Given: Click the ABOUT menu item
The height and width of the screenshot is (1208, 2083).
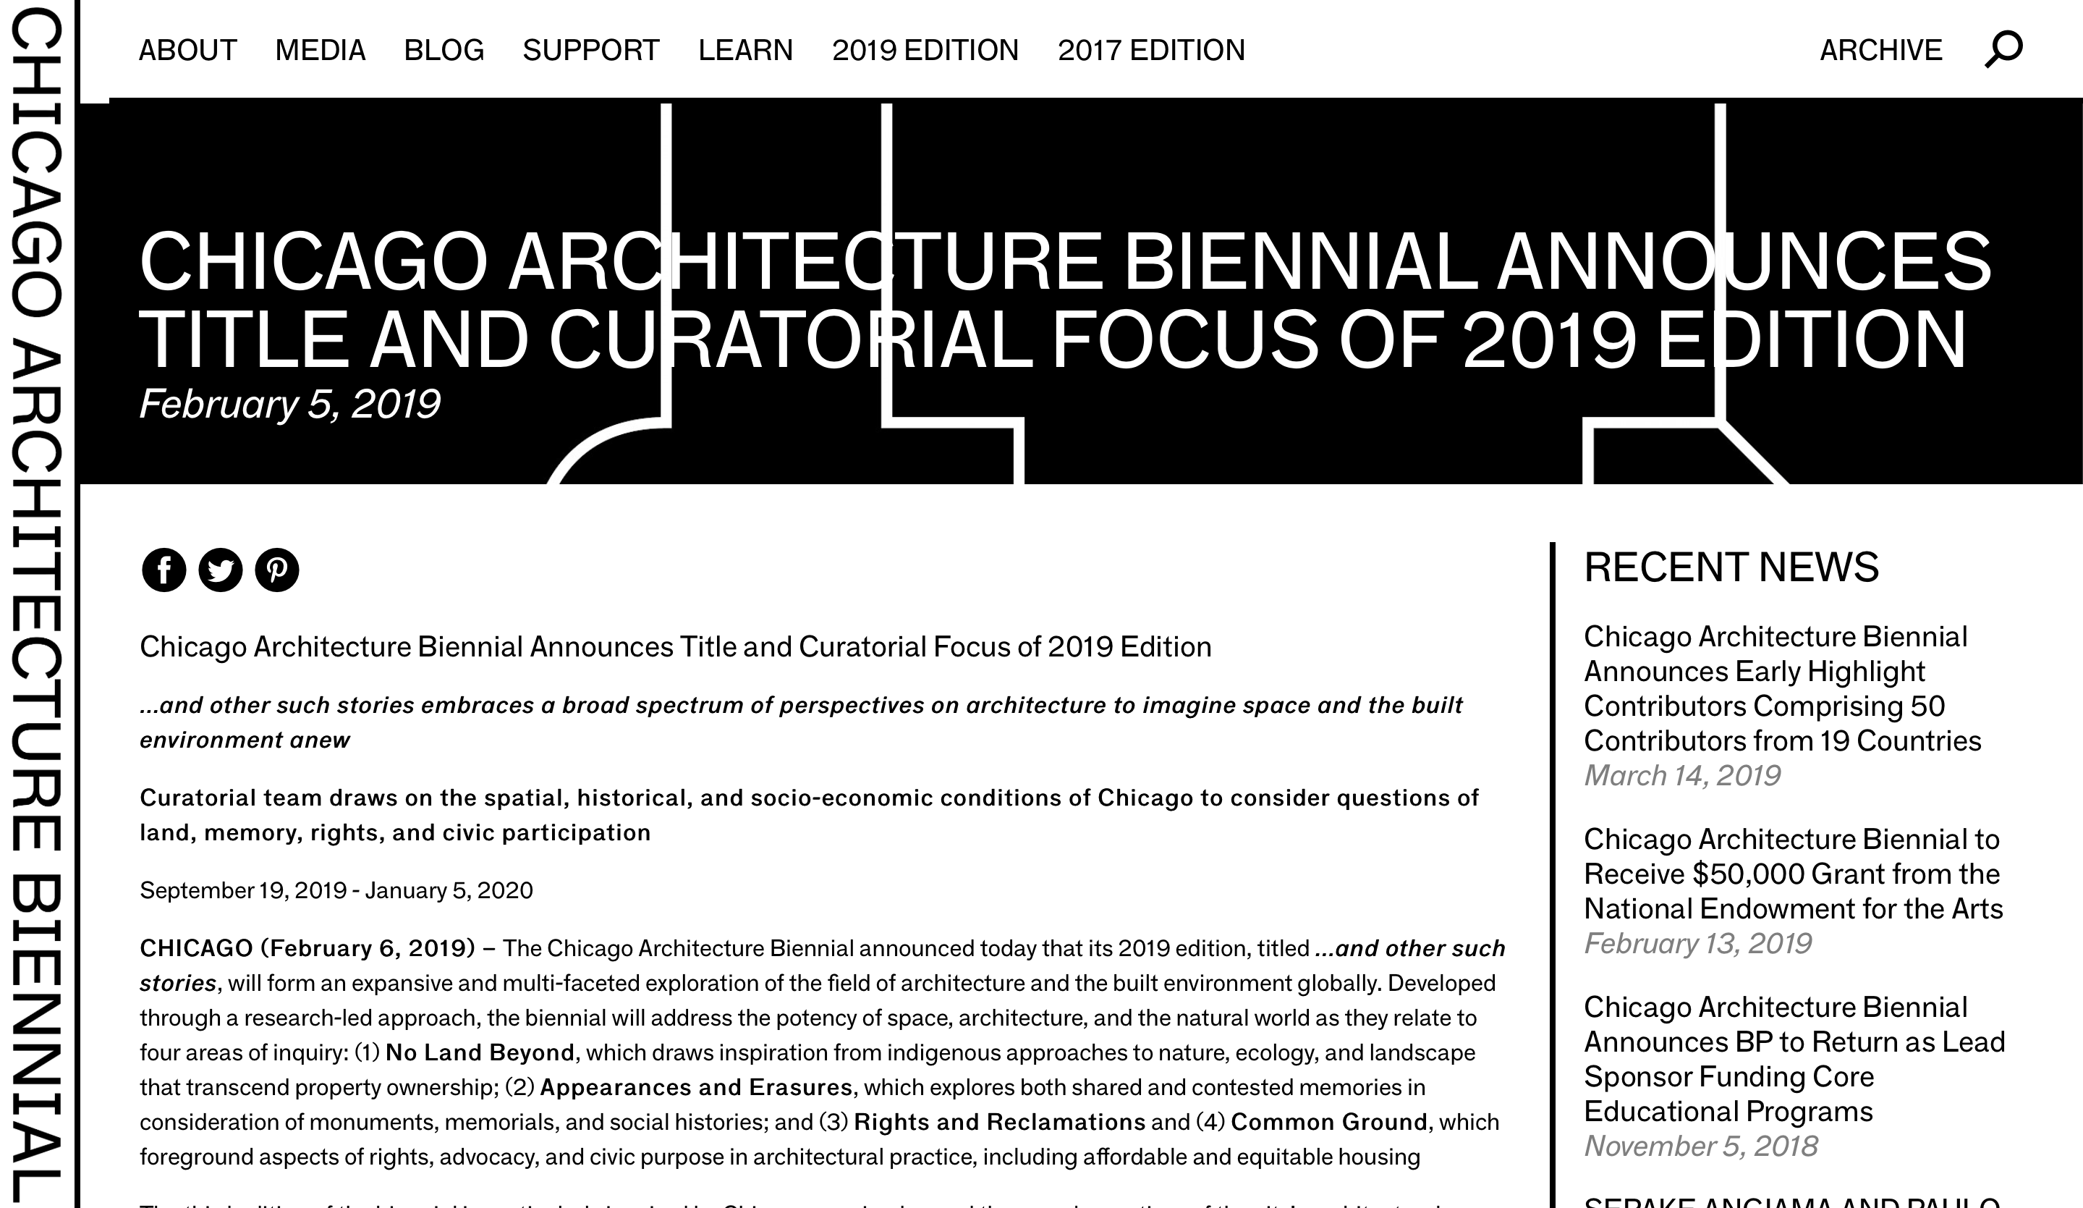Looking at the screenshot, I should pos(187,51).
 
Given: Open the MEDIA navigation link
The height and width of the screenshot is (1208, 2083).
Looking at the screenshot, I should pos(320,51).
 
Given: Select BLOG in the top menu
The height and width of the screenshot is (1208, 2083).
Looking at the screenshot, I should pos(444,51).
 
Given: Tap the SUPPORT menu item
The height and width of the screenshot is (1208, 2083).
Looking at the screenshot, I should pos(591,51).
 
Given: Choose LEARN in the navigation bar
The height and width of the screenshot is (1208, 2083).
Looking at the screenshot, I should pos(744,51).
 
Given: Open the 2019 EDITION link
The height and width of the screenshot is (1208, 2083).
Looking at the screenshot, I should pos(925,51).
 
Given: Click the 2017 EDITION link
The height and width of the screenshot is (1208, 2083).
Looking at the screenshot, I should pos(1150,51).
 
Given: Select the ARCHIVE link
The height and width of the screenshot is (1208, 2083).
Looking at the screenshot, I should pos(1880,51).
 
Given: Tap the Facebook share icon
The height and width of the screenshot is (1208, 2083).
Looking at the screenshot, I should pos(164,570).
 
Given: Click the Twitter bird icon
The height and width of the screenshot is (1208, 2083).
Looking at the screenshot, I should pos(221,570).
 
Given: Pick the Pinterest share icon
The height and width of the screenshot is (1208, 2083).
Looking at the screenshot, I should pos(277,570).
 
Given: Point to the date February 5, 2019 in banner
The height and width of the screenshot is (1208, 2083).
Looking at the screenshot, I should pos(289,405).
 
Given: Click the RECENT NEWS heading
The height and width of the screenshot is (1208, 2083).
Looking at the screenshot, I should pos(1731,567).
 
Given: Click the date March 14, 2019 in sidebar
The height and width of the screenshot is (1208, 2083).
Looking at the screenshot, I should pos(1681,776).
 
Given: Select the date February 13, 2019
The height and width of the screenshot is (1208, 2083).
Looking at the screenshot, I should pos(1697,943).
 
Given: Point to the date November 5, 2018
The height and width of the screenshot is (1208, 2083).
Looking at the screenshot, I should pos(1700,1146).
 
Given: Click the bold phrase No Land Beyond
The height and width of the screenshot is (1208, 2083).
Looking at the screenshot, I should pos(480,1052).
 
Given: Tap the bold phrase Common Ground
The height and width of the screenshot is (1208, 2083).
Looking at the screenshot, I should pos(1328,1122).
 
